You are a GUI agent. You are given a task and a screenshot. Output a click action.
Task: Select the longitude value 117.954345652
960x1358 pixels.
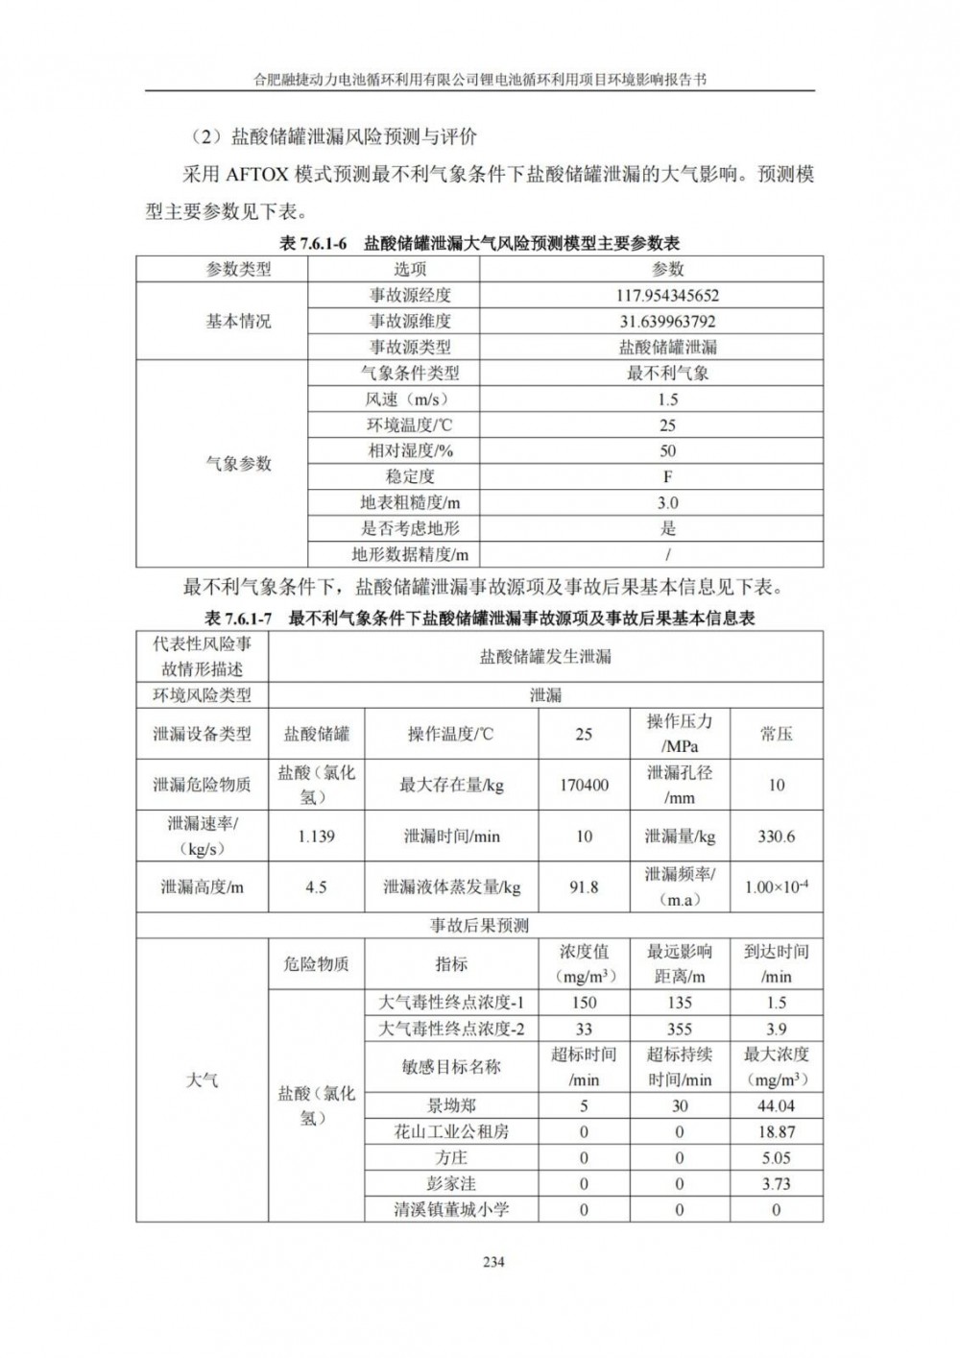pyautogui.click(x=667, y=296)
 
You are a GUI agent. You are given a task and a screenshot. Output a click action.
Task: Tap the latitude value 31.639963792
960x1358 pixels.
pyautogui.click(x=667, y=322)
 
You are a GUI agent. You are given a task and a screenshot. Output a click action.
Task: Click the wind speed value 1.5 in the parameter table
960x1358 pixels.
pyautogui.click(x=667, y=400)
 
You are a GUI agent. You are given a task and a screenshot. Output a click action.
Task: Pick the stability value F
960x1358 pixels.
pyautogui.click(x=667, y=476)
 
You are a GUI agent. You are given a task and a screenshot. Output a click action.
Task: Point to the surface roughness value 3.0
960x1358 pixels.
pyautogui.click(x=667, y=502)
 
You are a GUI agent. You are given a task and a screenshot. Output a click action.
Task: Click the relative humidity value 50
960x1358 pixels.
pyautogui.click(x=667, y=450)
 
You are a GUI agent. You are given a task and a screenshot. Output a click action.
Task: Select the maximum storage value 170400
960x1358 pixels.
pyautogui.click(x=584, y=785)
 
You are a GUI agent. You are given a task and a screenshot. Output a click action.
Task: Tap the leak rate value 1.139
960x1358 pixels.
pyautogui.click(x=316, y=837)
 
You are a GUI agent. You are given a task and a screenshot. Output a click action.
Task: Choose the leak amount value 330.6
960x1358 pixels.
pyautogui.click(x=776, y=837)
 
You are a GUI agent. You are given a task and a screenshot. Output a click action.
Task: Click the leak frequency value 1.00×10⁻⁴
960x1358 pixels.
pyautogui.click(x=776, y=887)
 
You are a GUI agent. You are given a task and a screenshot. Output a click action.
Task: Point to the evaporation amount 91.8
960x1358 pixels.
pyautogui.click(x=584, y=887)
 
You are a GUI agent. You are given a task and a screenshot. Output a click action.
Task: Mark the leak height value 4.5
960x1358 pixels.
pyautogui.click(x=316, y=887)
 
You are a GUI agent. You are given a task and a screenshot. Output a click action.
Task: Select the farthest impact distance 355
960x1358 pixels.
pyautogui.click(x=679, y=1029)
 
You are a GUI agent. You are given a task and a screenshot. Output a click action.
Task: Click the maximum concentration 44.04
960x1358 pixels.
pyautogui.click(x=776, y=1106)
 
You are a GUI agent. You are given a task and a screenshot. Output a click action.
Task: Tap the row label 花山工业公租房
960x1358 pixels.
pyautogui.click(x=451, y=1132)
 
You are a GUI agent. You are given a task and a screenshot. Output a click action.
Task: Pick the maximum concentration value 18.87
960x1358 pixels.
pyautogui.click(x=776, y=1132)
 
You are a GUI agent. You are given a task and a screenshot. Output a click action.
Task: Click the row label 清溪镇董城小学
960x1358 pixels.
pyautogui.click(x=451, y=1210)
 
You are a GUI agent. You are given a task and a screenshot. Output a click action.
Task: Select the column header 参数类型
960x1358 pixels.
pyautogui.click(x=239, y=270)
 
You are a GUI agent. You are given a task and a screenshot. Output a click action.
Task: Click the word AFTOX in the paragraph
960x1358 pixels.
pyautogui.click(x=261, y=175)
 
